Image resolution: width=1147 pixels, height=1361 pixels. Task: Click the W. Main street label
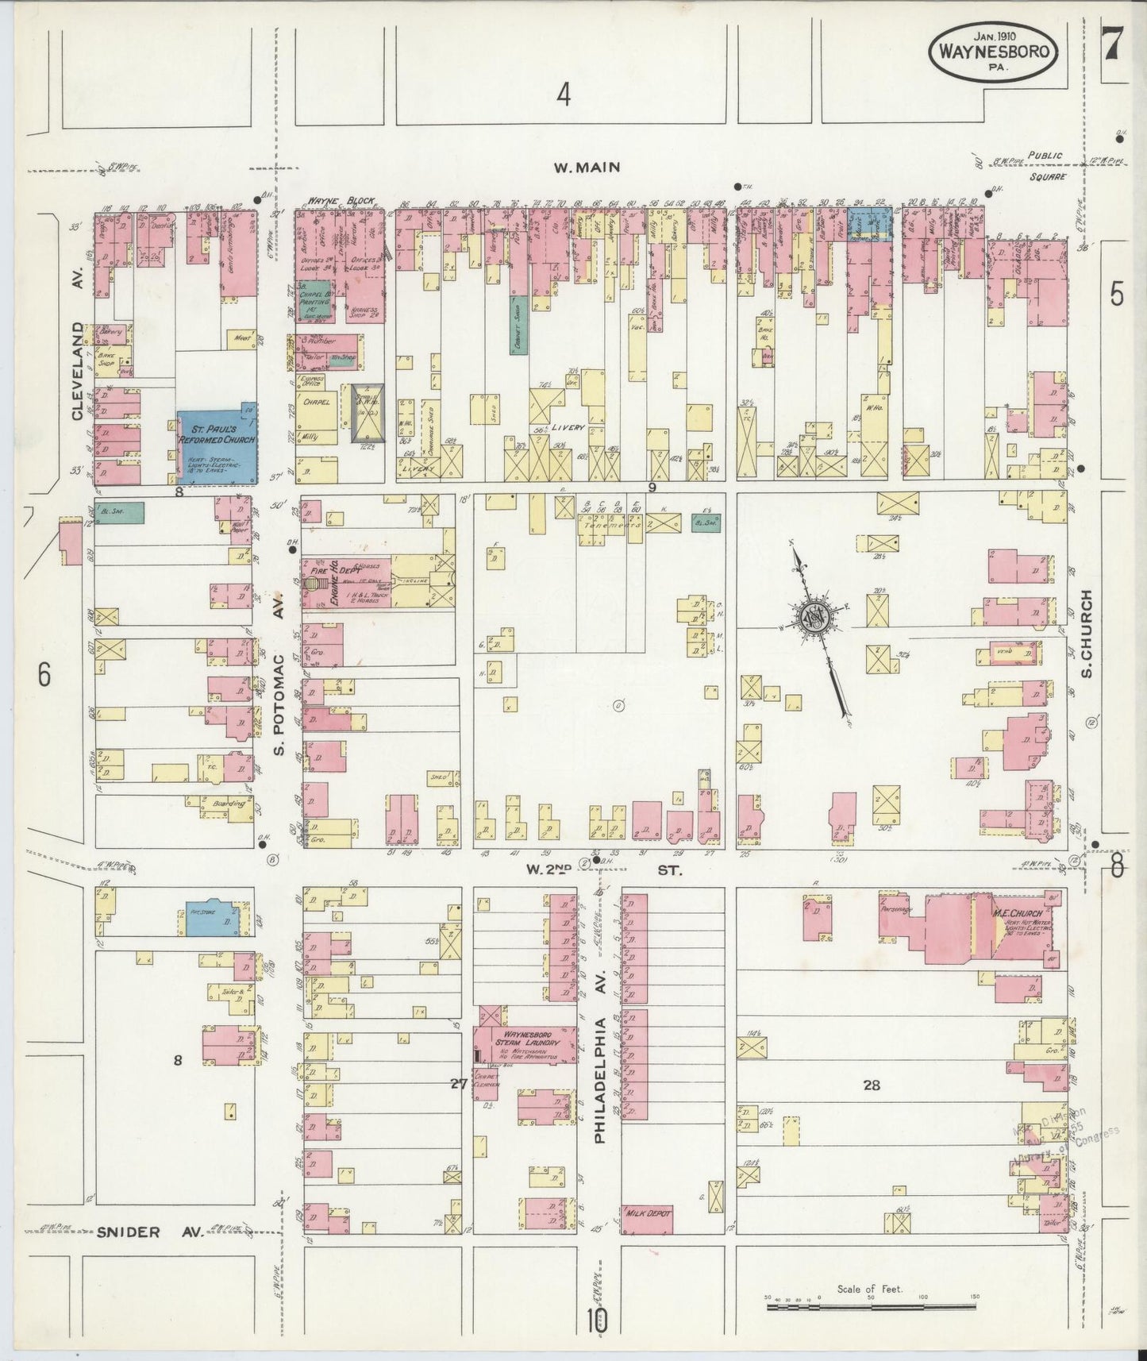click(588, 168)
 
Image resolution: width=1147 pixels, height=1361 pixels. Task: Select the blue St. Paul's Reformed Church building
click(217, 447)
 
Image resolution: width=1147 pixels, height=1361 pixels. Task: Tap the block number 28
click(872, 1085)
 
